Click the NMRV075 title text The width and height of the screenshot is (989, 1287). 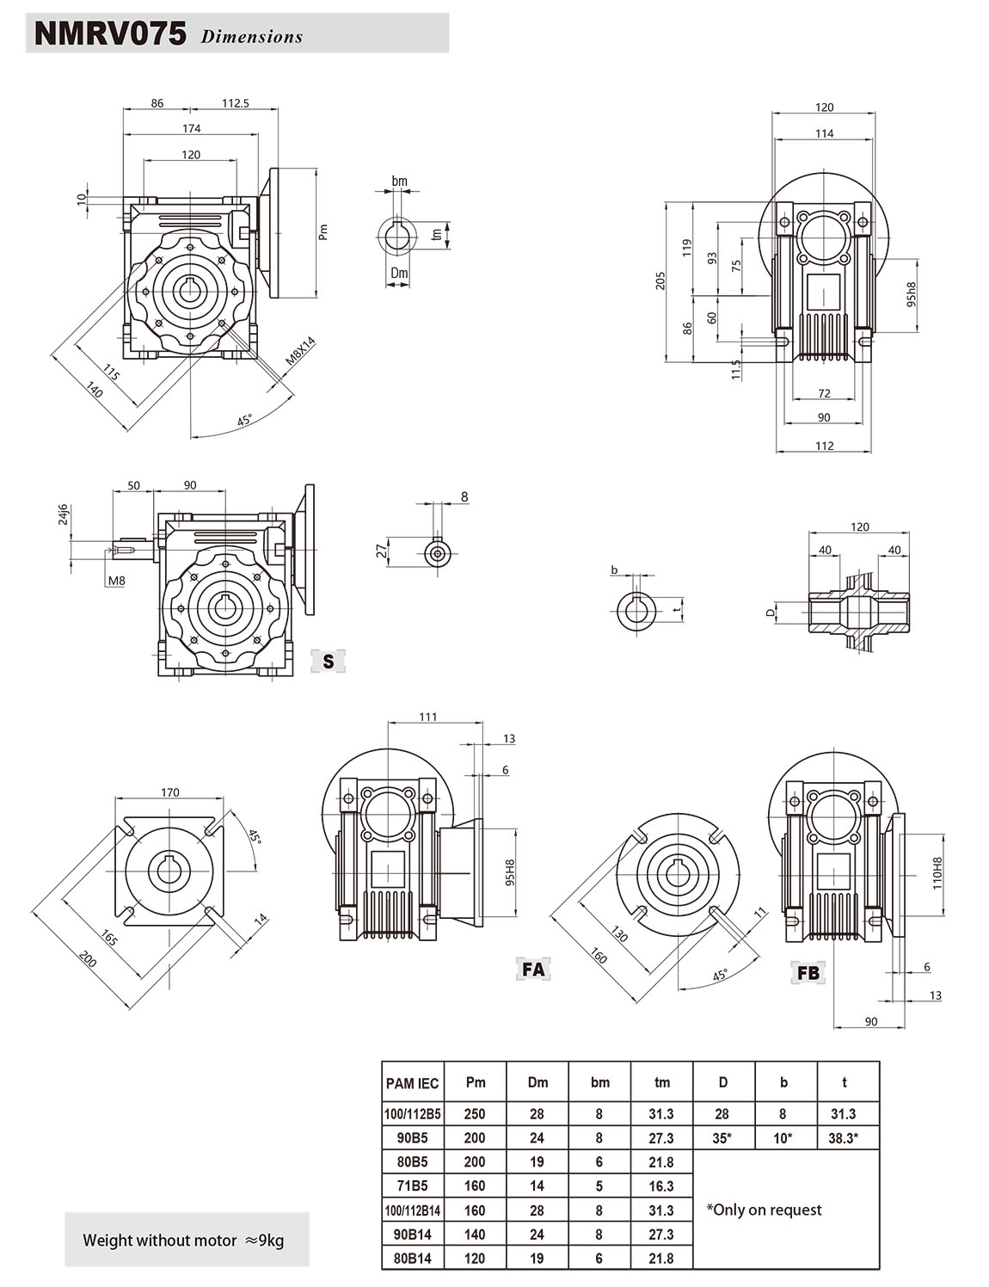click(109, 34)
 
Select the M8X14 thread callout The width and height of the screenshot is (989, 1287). click(300, 354)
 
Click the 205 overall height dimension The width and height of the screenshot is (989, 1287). click(660, 280)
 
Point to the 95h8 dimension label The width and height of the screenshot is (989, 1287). click(912, 294)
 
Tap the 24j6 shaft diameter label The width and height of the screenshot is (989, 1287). click(63, 515)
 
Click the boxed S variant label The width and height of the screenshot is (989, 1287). click(328, 661)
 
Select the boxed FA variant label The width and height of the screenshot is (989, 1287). click(533, 969)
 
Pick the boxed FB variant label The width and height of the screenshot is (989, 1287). click(808, 973)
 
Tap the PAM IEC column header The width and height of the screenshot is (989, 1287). click(412, 1083)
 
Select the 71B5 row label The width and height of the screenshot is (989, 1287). click(412, 1185)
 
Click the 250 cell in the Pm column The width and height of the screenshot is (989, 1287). click(475, 1113)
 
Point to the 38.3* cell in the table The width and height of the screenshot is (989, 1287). click(843, 1137)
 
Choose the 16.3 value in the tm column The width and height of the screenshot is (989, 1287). click(660, 1185)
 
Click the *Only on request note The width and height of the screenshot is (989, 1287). click(764, 1210)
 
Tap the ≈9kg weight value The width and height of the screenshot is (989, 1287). click(264, 1241)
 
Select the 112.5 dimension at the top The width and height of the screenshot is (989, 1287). click(235, 103)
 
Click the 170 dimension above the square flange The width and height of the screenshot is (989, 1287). click(170, 792)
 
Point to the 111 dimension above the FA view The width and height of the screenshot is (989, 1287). click(428, 717)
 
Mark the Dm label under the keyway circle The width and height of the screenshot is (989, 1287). click(399, 274)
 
